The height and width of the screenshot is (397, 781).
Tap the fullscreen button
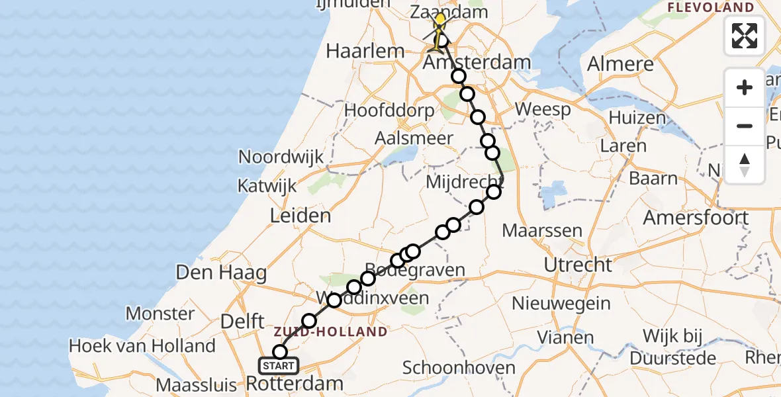click(745, 36)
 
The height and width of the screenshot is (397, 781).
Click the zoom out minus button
click(745, 126)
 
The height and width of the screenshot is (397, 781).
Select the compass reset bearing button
click(745, 164)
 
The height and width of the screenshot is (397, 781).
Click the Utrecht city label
click(578, 265)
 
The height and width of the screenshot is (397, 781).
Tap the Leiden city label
click(300, 215)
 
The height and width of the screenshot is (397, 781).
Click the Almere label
click(621, 64)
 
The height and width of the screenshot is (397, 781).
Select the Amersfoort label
click(696, 217)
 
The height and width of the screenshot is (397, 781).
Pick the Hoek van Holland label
click(142, 345)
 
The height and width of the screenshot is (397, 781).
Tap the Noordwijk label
click(281, 157)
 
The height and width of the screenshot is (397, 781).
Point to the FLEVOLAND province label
click(712, 8)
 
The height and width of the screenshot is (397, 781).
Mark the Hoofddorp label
click(389, 110)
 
